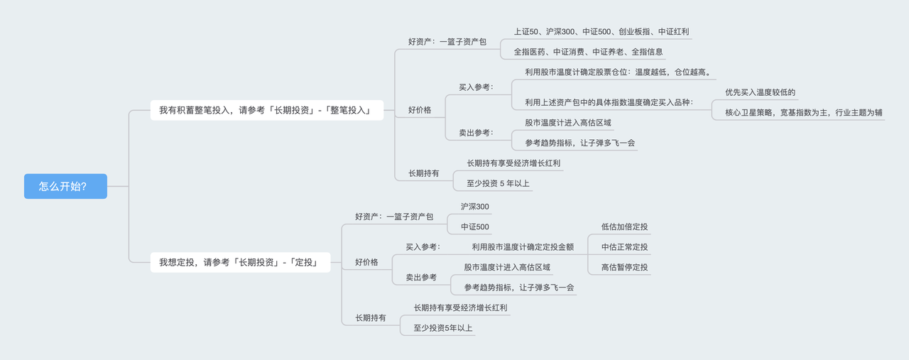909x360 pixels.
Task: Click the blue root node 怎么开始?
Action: [65, 186]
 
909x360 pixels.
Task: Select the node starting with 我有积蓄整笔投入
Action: [266, 110]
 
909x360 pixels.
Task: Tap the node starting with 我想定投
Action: [240, 262]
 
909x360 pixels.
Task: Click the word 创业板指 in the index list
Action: [636, 32]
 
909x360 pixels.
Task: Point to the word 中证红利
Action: [673, 32]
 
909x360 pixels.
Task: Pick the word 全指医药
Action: [530, 52]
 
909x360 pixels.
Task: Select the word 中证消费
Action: [569, 52]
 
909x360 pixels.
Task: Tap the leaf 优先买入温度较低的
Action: [760, 92]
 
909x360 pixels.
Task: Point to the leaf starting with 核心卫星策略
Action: [803, 112]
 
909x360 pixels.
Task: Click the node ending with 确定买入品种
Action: [609, 102]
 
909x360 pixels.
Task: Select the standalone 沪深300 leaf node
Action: [474, 207]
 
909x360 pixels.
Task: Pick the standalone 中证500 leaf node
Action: [474, 227]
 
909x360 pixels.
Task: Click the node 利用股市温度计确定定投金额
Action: [523, 247]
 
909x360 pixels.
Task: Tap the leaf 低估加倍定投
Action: [624, 227]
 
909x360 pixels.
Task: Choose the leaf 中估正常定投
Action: [624, 247]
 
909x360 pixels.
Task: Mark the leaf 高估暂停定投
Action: [624, 267]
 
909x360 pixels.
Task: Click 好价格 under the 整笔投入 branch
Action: [420, 110]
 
